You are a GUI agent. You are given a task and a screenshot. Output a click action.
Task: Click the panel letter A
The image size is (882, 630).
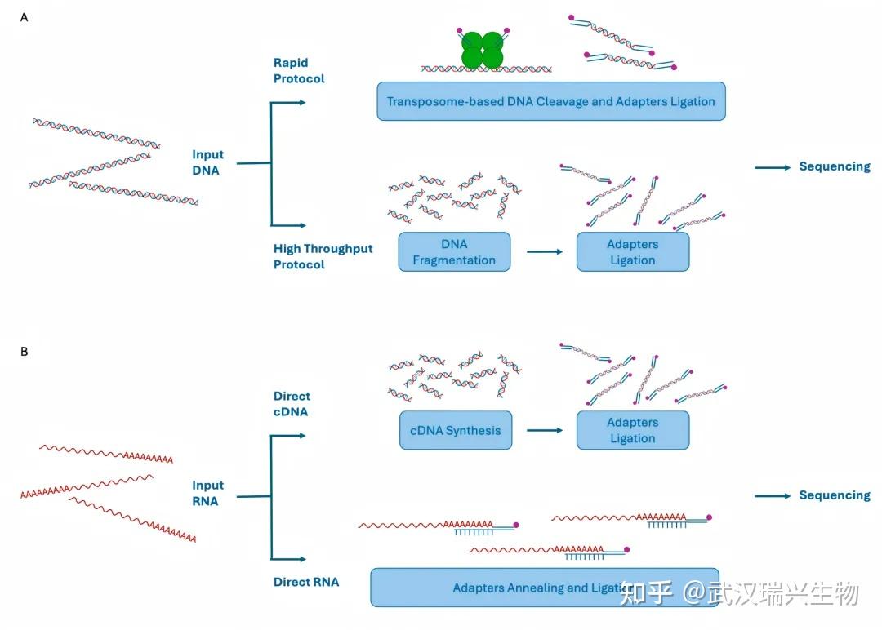point(24,16)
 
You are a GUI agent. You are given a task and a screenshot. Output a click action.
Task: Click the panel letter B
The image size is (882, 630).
point(24,351)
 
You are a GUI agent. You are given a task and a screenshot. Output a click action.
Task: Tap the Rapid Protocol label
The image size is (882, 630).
point(298,71)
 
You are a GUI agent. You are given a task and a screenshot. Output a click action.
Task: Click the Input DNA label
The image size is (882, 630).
point(207,162)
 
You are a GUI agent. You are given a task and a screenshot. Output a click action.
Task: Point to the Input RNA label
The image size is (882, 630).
point(207,493)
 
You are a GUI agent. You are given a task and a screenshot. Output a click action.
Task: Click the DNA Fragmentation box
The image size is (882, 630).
point(454,251)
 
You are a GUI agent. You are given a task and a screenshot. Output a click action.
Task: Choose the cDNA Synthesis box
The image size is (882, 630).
point(455,430)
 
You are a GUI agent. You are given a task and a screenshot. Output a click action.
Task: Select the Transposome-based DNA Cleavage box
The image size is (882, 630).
point(550,102)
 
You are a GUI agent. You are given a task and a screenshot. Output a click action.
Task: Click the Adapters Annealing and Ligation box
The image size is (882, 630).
point(544,588)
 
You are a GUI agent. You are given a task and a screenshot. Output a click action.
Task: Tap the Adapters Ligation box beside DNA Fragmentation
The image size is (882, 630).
point(632,251)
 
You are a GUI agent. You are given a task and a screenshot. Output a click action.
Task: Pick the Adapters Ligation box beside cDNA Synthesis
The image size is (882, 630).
point(632,430)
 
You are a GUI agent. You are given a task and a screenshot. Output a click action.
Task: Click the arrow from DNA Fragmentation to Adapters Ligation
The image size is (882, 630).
point(544,251)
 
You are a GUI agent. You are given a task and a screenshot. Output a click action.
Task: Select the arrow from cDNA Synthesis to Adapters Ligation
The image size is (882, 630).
point(544,430)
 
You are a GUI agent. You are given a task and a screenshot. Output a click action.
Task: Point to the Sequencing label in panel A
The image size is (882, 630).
point(834,166)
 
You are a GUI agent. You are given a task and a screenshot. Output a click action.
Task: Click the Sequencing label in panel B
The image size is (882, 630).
point(834,495)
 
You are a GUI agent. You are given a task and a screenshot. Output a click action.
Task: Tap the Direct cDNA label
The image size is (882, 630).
point(292,404)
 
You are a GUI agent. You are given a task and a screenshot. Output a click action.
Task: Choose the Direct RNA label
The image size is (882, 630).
point(305,582)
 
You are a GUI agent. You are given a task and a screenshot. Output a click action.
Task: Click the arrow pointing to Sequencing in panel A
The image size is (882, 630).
point(773,167)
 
